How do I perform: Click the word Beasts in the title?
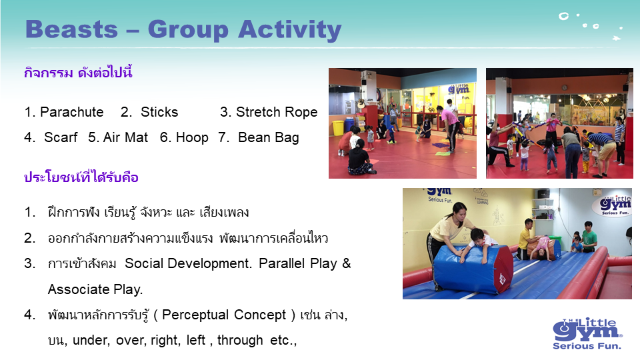click(x=71, y=29)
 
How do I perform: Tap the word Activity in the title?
click(x=289, y=31)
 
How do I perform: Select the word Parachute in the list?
click(x=72, y=112)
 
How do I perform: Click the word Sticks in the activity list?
click(x=159, y=112)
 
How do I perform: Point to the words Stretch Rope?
click(x=277, y=112)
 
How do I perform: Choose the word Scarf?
click(x=61, y=137)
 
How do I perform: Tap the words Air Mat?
click(x=126, y=137)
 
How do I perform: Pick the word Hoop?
click(x=192, y=138)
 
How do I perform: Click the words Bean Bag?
click(x=268, y=138)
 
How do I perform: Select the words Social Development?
click(x=188, y=264)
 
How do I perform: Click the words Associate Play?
click(x=95, y=289)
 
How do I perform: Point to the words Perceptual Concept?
click(x=224, y=315)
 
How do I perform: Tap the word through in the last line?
click(x=240, y=341)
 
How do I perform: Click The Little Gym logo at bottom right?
click(x=587, y=333)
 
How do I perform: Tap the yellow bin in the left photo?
click(x=338, y=127)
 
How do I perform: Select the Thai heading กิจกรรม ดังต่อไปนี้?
click(x=78, y=73)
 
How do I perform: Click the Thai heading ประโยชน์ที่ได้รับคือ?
click(x=81, y=177)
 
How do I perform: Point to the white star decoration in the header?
click(x=616, y=39)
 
